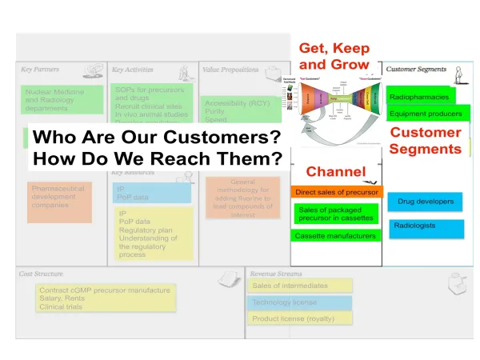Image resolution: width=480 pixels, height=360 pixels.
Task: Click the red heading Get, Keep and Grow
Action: [x=334, y=56]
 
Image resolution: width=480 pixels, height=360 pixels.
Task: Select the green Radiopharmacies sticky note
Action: [x=421, y=97]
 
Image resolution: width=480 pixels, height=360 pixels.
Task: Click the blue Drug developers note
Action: [x=426, y=202]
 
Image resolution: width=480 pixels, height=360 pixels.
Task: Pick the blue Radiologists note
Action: [x=426, y=226]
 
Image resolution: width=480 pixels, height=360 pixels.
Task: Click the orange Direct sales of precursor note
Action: [x=337, y=193]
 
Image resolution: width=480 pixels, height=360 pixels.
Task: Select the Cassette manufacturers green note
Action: [x=335, y=236]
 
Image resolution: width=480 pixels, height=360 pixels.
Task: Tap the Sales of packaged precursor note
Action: [x=335, y=214]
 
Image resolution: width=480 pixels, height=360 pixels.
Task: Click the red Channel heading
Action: [x=335, y=171]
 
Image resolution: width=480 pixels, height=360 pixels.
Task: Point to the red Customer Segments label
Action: [x=425, y=141]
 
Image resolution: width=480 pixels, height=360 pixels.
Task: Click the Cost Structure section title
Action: [x=42, y=274]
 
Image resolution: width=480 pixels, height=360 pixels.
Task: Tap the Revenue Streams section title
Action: [x=278, y=274]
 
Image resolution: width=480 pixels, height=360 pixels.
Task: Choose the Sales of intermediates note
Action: [x=300, y=286]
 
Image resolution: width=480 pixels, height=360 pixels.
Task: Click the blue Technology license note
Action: [x=300, y=302]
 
